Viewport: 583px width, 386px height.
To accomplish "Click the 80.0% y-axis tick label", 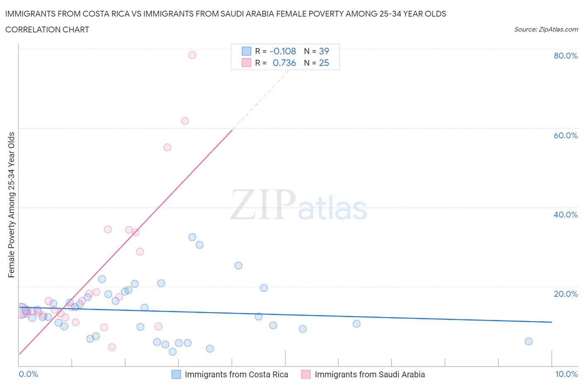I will tap(566, 56).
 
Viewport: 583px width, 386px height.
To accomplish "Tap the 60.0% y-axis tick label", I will tap(566, 135).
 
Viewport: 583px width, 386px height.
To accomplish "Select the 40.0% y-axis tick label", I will tap(566, 215).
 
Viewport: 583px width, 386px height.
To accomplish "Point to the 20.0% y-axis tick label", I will tap(566, 294).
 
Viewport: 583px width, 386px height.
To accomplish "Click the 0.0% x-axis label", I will tap(28, 374).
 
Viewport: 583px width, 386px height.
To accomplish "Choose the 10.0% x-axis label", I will tap(566, 374).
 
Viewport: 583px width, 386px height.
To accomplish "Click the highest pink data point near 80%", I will tap(192, 55).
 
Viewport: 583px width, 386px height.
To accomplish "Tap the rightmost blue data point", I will tap(528, 341).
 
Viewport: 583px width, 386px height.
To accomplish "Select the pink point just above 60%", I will tap(185, 121).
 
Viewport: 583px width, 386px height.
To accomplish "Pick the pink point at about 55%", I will tap(167, 147).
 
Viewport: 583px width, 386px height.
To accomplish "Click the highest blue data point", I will tap(192, 237).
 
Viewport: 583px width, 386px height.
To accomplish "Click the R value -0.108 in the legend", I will tap(283, 51).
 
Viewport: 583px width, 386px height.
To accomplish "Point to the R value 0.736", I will tap(284, 63).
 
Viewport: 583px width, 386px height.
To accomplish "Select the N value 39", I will tap(324, 51).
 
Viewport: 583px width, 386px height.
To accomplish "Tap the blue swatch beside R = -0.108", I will tap(246, 51).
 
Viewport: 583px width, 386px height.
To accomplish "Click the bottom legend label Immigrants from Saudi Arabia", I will tap(369, 374).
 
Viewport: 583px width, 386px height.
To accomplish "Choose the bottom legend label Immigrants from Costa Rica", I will tap(236, 374).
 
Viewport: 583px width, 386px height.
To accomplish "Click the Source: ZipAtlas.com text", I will tap(546, 29).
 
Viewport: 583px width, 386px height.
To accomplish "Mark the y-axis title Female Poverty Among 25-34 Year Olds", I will tap(11, 205).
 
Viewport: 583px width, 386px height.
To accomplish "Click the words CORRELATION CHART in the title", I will tap(47, 29).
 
